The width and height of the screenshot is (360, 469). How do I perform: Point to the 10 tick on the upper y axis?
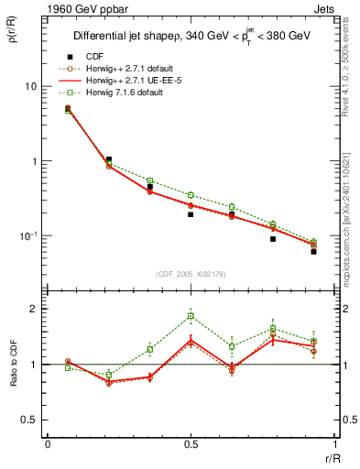pos(30,86)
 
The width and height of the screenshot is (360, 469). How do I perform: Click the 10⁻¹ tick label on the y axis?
pos(27,235)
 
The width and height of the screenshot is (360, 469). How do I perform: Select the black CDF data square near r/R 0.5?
pos(191,214)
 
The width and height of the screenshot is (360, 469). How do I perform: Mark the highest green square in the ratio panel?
pos(191,316)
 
